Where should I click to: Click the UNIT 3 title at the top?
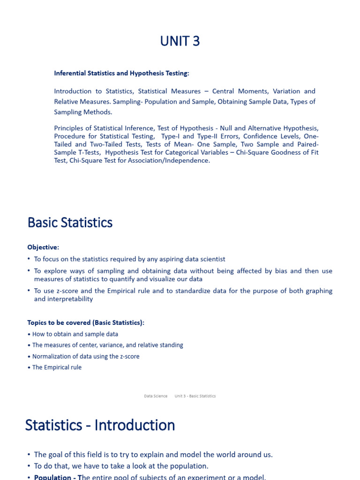pos(180,41)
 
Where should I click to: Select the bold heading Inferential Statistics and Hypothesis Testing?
pos(121,73)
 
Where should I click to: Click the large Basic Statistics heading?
pos(70,222)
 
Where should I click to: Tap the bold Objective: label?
pos(43,247)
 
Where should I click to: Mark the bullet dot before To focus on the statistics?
pos(29,259)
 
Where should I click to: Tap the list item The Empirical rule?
pos(57,367)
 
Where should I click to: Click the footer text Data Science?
pos(156,396)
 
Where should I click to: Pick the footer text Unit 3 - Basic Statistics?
pos(195,396)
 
